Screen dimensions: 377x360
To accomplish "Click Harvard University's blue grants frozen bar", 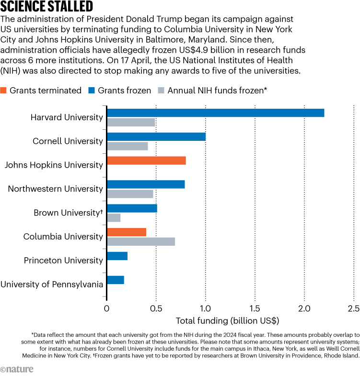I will coord(215,113).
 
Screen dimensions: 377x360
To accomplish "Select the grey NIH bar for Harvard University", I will coord(131,122).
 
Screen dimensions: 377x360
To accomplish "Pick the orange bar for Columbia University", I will coord(127,232).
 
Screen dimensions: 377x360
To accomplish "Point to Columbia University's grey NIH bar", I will coord(141,241).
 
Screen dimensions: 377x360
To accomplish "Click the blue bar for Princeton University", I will coord(117,256).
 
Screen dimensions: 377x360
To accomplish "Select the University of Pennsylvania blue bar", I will coord(116,280).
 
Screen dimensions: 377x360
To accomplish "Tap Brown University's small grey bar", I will coord(114,217).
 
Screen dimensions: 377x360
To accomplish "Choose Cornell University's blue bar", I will coord(156,137).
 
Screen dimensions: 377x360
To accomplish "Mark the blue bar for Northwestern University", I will coord(146,184).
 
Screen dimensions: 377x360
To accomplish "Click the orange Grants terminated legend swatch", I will coord(4,91).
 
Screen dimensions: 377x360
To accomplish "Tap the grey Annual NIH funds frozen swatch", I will coord(161,91).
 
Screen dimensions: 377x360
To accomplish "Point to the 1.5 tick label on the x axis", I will coord(255,309).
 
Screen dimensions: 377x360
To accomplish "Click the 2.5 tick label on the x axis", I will coord(353,309).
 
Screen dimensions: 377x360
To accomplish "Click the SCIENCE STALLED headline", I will coord(46,7).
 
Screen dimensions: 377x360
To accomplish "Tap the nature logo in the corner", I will coord(17,369).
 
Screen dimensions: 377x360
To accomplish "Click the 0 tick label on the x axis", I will coord(107,309).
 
